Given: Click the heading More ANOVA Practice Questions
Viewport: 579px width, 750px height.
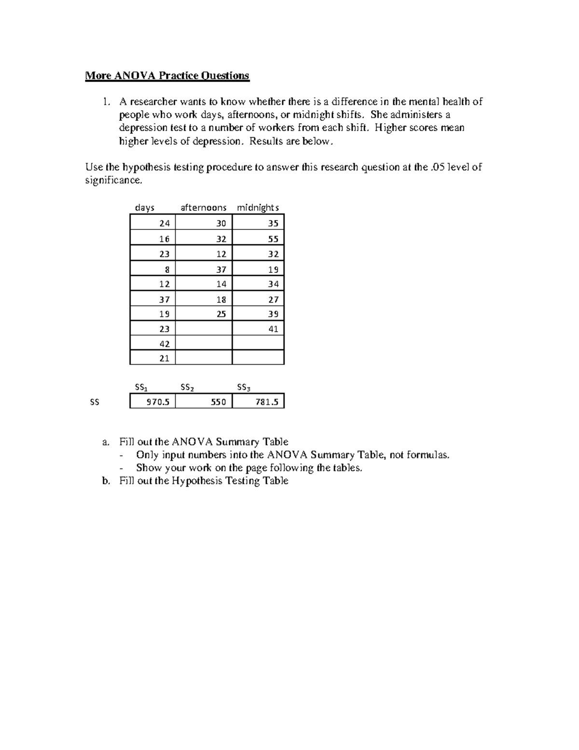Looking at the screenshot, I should [167, 76].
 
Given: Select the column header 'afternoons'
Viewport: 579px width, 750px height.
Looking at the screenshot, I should [203, 208].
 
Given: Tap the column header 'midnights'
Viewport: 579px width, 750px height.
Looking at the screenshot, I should [258, 208].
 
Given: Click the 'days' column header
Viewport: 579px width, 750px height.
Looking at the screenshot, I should [145, 208].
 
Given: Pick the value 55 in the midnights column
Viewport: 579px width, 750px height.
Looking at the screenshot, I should [273, 239].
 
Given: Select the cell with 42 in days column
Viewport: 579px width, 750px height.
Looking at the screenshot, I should [164, 344].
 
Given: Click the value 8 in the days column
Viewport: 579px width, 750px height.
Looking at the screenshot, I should [167, 269].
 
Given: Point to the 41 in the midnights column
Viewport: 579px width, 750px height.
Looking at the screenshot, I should [273, 329].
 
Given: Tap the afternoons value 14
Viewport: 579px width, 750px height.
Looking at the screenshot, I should [221, 284].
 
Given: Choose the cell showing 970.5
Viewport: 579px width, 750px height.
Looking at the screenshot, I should [158, 402].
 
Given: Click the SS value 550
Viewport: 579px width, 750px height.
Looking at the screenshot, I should [218, 402].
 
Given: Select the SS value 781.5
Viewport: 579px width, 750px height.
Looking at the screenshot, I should [267, 402].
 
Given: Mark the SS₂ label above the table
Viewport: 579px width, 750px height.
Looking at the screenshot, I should [187, 387].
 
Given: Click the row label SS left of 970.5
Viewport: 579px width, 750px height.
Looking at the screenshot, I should [95, 402].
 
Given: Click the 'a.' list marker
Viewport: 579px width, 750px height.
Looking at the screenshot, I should [106, 442].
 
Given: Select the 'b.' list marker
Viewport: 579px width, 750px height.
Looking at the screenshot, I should [106, 481].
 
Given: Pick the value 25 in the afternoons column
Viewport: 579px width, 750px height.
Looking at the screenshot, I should [221, 314].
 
